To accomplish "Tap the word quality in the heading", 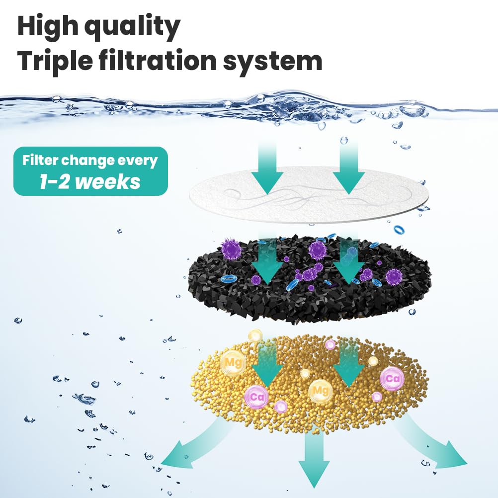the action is pyautogui.click(x=133, y=27).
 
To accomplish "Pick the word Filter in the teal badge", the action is pyautogui.click(x=40, y=161).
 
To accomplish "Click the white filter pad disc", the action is pyautogui.click(x=309, y=194).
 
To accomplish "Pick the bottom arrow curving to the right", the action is pyautogui.click(x=432, y=441).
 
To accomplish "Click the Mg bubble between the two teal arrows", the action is pyautogui.click(x=320, y=391).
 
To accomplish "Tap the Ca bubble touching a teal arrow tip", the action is pyautogui.click(x=256, y=397).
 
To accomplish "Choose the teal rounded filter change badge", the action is pyautogui.click(x=90, y=171).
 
